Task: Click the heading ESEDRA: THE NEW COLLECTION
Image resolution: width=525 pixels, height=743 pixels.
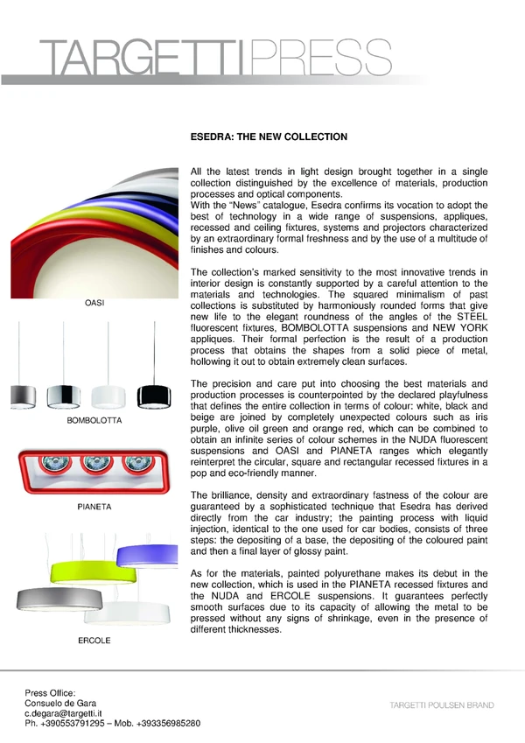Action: click(269, 137)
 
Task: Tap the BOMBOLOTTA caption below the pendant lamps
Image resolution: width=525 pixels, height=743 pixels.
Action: click(94, 421)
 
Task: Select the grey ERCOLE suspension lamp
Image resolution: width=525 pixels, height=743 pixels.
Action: click(52, 601)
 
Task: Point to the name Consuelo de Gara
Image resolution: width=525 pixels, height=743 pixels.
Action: click(60, 703)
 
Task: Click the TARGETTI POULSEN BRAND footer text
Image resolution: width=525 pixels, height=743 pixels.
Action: click(441, 705)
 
